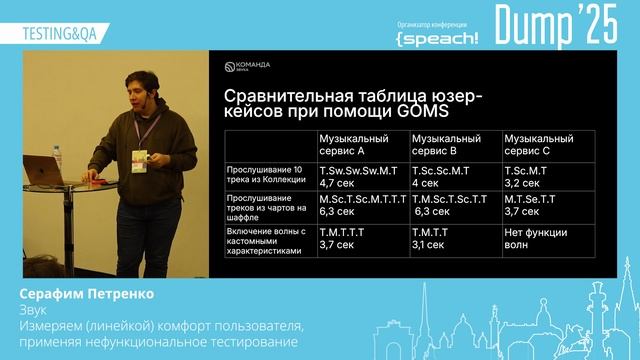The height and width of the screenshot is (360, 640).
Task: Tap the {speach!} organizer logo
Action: (x=437, y=37)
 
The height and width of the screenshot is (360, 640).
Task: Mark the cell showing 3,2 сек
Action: (x=522, y=183)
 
